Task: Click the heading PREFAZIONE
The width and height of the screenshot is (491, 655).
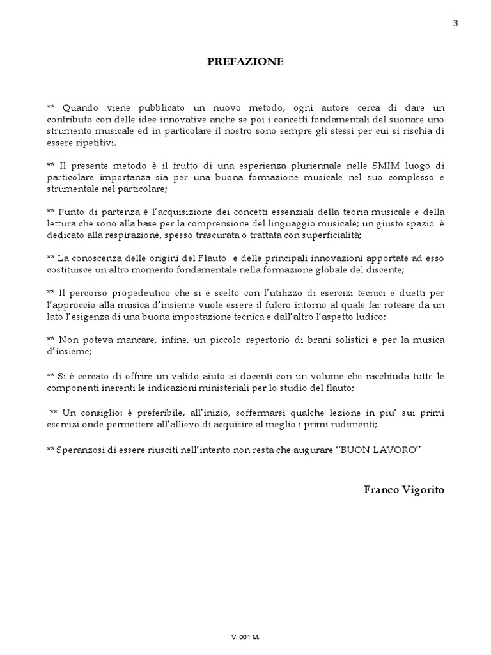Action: pos(245,62)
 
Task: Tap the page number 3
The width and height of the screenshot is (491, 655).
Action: pos(473,24)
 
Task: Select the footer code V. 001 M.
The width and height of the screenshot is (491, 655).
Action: pos(245,638)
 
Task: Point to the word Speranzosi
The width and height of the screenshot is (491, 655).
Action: pos(81,450)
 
